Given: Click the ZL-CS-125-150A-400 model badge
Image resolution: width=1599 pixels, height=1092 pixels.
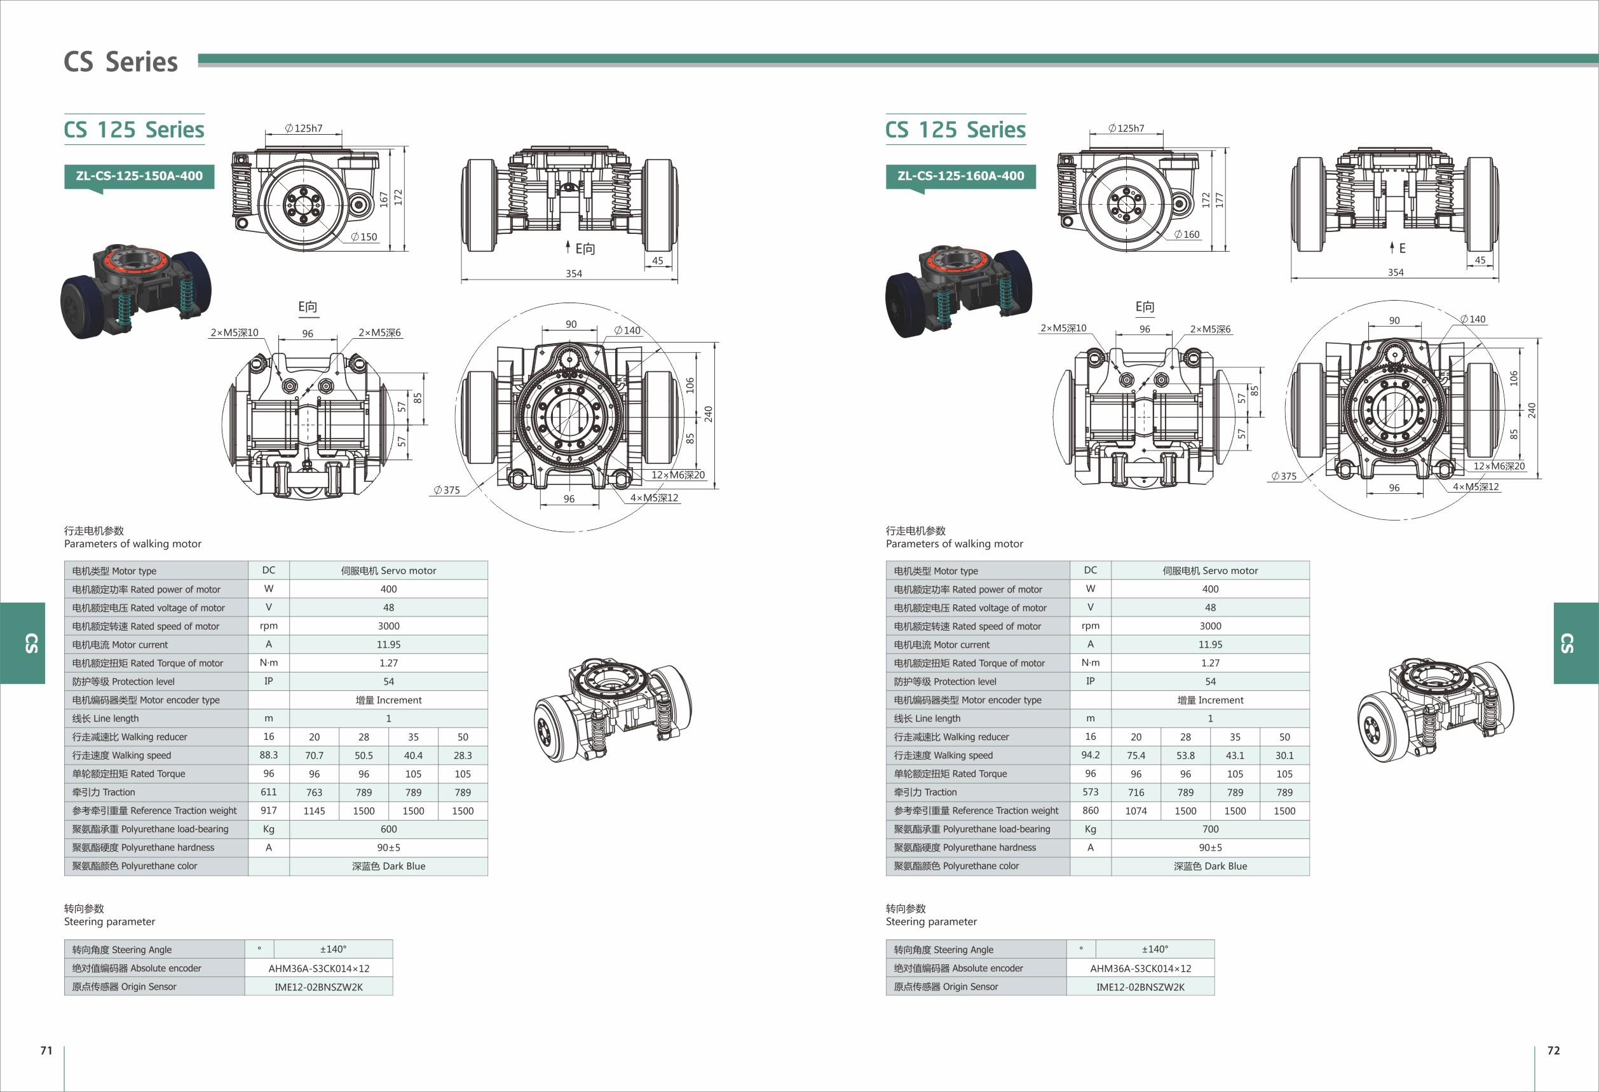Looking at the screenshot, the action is click(139, 176).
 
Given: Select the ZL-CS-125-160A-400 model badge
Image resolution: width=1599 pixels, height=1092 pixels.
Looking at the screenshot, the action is click(960, 176).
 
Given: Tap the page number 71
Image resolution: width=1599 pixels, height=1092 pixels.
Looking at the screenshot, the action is click(46, 1050).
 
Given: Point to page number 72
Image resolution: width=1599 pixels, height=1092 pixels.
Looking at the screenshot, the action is click(1554, 1050).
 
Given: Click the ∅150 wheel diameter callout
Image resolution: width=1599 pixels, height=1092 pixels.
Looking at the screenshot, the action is click(364, 236).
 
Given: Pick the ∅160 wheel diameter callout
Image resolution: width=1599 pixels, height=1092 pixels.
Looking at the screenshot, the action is click(1187, 235).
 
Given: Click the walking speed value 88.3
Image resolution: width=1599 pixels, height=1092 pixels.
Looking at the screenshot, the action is click(268, 755).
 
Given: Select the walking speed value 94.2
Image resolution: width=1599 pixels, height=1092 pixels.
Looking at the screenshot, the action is click(1091, 755).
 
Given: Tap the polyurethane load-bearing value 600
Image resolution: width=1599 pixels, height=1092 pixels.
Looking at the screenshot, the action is click(389, 829).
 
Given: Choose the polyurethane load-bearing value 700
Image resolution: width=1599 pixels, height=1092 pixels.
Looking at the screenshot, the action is click(1210, 829).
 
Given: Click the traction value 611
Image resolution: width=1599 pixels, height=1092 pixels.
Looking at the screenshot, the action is click(268, 792).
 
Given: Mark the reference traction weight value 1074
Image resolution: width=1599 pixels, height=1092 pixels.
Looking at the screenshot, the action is click(1136, 811).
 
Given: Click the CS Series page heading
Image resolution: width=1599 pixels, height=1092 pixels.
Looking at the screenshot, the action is click(120, 62).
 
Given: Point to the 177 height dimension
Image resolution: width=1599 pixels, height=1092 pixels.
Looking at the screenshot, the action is click(1219, 200).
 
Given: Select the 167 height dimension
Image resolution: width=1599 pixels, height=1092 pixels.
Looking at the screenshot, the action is click(384, 199).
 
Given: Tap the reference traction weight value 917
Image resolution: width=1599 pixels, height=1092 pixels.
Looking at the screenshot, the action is click(268, 810).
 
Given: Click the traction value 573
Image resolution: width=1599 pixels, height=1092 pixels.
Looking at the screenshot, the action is click(1091, 792).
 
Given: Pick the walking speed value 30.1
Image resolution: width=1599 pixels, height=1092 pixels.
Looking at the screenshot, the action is click(1284, 756).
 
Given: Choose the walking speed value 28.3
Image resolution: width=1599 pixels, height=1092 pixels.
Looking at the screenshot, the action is click(463, 756).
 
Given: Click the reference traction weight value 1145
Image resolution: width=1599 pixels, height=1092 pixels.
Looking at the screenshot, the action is click(315, 811).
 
